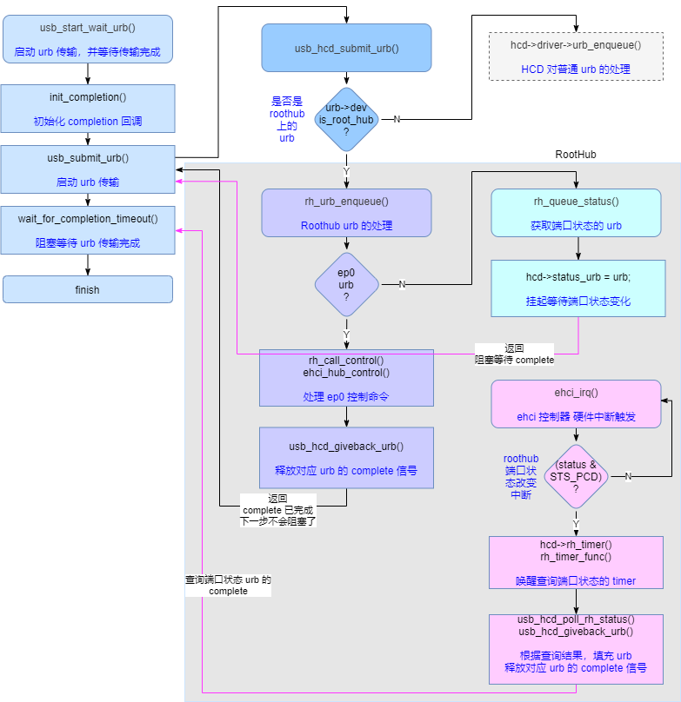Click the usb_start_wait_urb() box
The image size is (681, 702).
coord(87,39)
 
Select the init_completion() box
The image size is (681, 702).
coord(87,109)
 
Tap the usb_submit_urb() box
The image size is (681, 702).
coord(87,169)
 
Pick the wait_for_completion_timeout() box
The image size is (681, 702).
coord(87,230)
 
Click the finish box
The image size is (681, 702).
coord(87,289)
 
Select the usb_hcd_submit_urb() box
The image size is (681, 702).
coord(346,48)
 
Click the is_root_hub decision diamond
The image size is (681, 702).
coord(346,119)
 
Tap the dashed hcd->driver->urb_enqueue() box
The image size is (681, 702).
coord(576,56)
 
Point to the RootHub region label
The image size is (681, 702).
coord(576,155)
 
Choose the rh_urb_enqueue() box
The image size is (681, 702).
coord(346,213)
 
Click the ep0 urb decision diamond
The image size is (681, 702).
coord(346,284)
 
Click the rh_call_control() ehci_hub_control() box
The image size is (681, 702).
coord(346,378)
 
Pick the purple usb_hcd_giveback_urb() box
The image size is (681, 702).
coord(346,458)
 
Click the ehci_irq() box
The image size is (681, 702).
coord(576,403)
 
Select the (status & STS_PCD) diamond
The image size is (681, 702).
coord(576,476)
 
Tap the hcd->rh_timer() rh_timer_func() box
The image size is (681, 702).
coord(576,562)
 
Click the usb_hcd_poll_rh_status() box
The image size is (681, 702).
coord(576,649)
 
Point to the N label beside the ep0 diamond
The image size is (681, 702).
coord(402,284)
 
